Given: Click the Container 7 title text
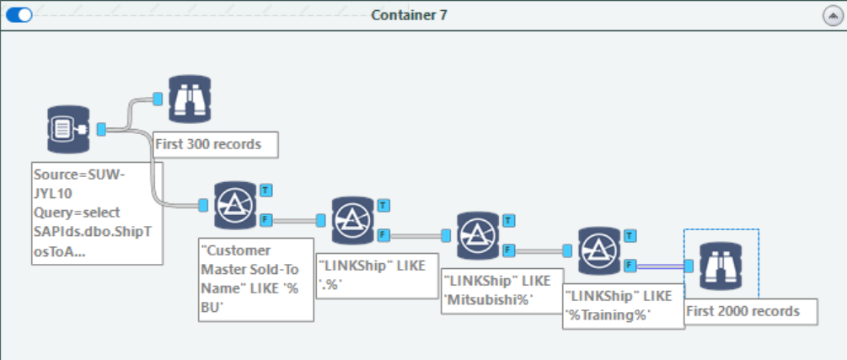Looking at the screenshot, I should point(409,15).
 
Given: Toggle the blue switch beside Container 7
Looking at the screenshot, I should point(19,15).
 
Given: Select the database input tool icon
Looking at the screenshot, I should point(68,129).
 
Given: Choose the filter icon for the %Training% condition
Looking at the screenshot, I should point(600,250).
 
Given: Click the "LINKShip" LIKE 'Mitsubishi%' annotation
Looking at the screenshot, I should point(496,292).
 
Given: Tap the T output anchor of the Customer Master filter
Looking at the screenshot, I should point(265,189).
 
